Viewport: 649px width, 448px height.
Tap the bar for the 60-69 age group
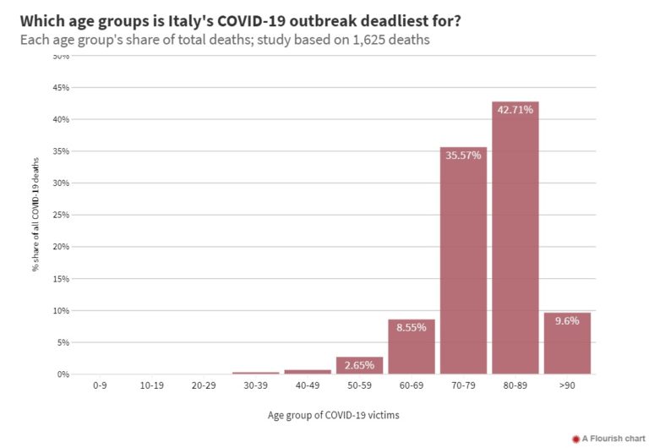pos(412,347)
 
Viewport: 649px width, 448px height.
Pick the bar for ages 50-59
pos(359,365)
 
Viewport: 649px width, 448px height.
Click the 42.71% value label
pos(515,110)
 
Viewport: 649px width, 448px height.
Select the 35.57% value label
pos(463,155)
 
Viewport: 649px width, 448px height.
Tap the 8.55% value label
pos(412,327)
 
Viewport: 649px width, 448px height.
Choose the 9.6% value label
pos(567,321)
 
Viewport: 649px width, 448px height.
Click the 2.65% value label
pos(359,365)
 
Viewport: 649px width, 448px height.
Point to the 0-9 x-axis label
pos(100,385)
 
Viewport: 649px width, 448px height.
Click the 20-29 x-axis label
pos(204,385)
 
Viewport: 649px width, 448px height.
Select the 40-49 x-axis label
pos(308,385)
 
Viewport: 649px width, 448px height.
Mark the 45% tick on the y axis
pos(62,88)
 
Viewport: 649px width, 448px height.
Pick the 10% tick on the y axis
pos(62,310)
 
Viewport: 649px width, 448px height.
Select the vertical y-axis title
pos(36,214)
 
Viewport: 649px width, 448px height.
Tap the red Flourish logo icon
pos(575,439)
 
